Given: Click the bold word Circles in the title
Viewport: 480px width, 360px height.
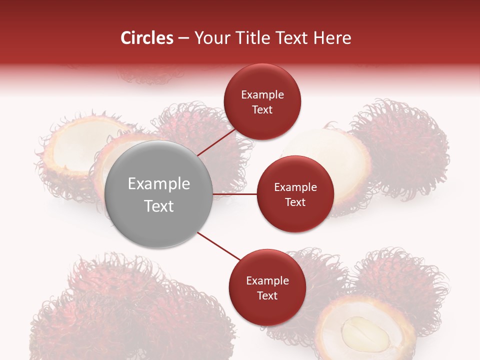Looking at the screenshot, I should (x=146, y=38).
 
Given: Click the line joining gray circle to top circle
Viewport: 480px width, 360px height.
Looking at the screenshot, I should (x=216, y=142).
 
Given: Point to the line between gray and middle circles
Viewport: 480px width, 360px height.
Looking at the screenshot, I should (x=235, y=194).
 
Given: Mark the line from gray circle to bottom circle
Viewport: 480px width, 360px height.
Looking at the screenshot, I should (x=218, y=245).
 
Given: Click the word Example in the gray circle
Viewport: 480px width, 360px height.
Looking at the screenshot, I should (x=159, y=184).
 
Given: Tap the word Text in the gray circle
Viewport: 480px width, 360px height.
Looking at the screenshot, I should (x=159, y=206).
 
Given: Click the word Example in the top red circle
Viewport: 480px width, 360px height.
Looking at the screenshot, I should (x=262, y=95).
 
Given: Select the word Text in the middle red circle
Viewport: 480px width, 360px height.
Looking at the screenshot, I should (x=295, y=202).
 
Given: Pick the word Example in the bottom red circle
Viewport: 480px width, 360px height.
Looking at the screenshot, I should (x=267, y=281).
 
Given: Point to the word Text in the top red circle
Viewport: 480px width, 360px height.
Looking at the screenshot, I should (x=262, y=110).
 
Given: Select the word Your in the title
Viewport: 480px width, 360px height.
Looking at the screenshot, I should (x=210, y=38).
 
